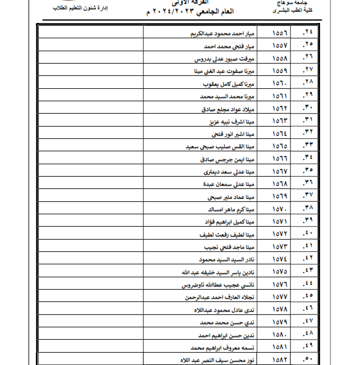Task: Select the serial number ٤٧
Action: [x=308, y=321]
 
